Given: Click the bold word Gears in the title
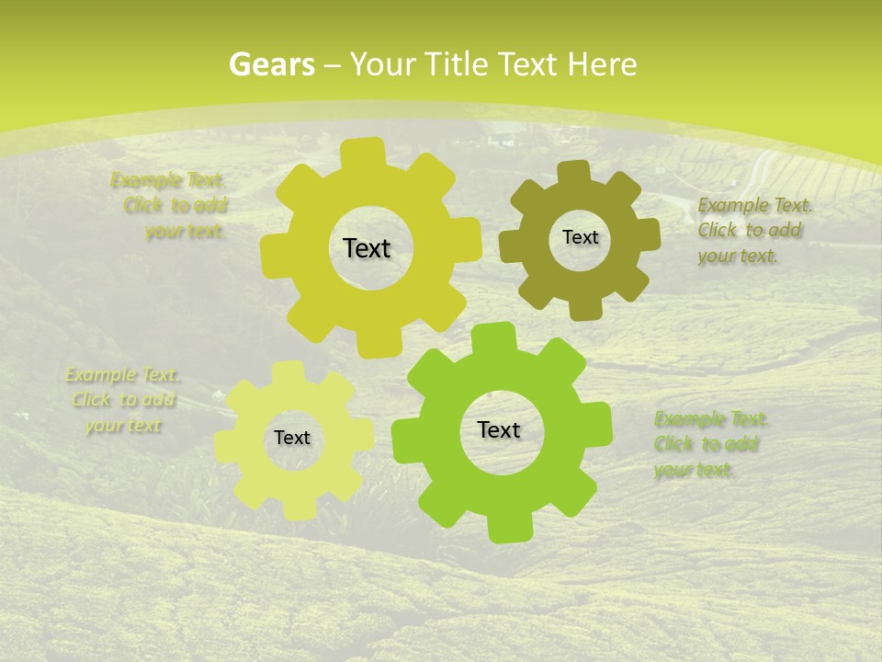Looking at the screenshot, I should coord(271,64).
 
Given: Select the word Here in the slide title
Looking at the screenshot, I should coord(602,64).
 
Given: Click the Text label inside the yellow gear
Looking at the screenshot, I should coord(367,248).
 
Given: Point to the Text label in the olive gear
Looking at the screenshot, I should coord(580,237).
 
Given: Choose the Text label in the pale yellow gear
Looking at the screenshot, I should coord(292,438).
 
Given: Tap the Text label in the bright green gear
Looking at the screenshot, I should coord(499,429).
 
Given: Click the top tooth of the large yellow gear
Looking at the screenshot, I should coord(366,152).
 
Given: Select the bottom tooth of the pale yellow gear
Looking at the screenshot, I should coord(297,508).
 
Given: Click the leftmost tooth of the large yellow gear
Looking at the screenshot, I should coord(273,254).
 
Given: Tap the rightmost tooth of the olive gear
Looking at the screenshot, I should coord(648,235).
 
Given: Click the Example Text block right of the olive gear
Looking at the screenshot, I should coord(750,230).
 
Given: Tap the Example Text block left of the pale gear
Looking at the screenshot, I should coord(123,400).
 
